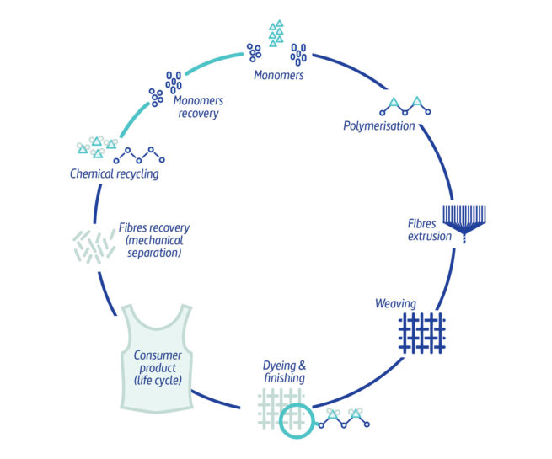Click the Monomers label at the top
(x=278, y=76)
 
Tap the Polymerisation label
(x=378, y=126)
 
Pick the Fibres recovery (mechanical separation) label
(x=153, y=240)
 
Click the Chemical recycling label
(x=115, y=174)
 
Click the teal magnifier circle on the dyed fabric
(x=296, y=419)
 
